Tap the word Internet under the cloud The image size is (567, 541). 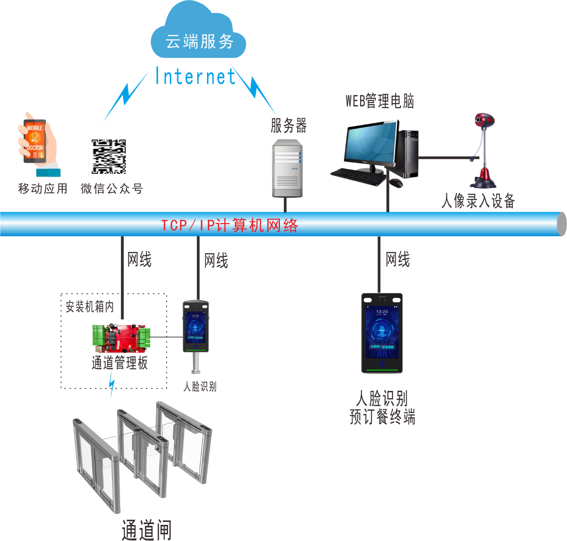coord(195,77)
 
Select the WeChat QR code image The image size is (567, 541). coord(109,156)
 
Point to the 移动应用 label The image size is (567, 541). coord(43,188)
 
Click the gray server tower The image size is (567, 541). coord(287,168)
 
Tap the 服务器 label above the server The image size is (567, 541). coord(289,125)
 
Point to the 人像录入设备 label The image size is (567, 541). coord(478,201)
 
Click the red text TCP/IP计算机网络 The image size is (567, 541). coord(230,225)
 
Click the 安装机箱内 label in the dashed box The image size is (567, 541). coord(90,306)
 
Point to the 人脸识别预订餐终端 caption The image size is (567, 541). coord(382,407)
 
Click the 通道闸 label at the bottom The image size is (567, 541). coord(146,530)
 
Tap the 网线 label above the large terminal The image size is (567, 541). coord(398,259)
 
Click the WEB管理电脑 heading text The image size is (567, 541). coord(380,101)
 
